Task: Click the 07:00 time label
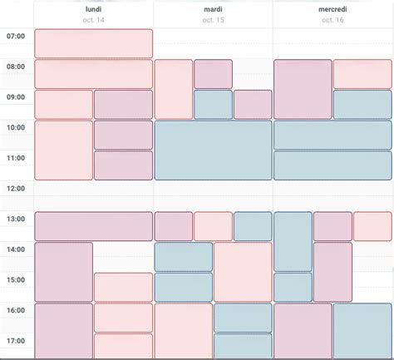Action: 16,36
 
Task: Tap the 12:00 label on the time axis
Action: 16,189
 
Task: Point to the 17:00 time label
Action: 16,341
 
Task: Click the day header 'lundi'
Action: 93,9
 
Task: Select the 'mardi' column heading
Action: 213,9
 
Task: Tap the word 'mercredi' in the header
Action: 332,9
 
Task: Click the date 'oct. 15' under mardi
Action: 213,20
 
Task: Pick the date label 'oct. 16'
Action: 332,20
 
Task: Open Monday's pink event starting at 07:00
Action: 93,43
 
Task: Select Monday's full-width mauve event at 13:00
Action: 93,226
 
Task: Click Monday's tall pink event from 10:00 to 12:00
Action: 63,150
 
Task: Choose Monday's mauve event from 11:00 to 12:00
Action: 123,165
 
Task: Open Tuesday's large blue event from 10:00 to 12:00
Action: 213,150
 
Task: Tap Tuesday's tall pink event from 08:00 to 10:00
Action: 174,89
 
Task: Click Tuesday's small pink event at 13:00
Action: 213,226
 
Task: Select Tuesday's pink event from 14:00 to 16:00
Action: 243,272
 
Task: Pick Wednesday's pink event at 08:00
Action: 362,74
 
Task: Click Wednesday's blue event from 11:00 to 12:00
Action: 332,165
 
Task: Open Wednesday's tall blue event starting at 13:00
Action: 293,241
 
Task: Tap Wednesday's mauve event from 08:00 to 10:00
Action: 303,89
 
